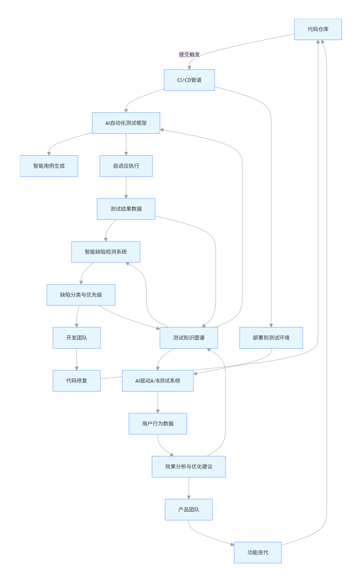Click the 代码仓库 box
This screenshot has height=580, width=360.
click(318, 29)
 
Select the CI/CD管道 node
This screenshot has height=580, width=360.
click(189, 80)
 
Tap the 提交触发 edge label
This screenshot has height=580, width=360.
click(189, 54)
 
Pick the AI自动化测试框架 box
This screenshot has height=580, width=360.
click(126, 123)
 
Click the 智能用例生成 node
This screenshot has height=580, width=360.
click(49, 166)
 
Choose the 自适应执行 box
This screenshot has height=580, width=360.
click(126, 166)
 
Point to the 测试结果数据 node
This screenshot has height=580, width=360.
click(126, 209)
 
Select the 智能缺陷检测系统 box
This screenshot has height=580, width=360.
click(105, 252)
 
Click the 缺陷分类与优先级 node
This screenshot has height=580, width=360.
click(81, 295)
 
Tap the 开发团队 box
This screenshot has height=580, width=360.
click(76, 338)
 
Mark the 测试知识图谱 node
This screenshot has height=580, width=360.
click(189, 338)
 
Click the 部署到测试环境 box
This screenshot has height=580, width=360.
click(271, 338)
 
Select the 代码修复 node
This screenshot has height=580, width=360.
click(76, 380)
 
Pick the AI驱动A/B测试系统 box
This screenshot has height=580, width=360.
click(158, 380)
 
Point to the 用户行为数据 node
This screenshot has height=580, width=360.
click(158, 423)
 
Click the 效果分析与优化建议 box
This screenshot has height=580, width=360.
click(189, 466)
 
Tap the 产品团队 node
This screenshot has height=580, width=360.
click(189, 509)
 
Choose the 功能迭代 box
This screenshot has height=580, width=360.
click(258, 552)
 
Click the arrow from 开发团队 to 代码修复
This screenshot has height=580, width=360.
click(76, 359)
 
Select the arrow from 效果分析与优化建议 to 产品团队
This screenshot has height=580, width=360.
click(189, 488)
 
